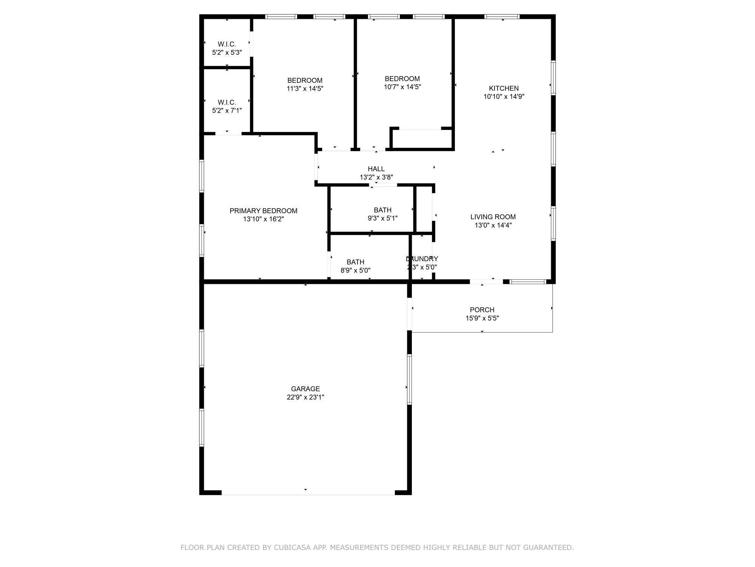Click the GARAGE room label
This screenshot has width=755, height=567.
pos(305,389)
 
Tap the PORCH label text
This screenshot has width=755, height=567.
pos(482,310)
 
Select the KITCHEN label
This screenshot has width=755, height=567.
pos(504,88)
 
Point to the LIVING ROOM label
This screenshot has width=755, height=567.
pos(493,217)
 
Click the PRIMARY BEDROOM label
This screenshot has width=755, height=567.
pos(263,211)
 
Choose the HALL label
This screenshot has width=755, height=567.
pos(376,169)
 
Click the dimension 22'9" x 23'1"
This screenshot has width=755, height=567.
pos(305,397)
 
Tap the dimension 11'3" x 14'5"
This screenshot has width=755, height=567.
pos(305,89)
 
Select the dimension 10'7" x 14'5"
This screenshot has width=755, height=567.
pos(402,87)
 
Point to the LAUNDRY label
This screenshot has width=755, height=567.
pos(422,259)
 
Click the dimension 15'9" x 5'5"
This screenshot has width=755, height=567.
pos(482,318)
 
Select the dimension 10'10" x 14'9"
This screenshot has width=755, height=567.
pos(504,96)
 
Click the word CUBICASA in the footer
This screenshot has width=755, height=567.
pos(293,547)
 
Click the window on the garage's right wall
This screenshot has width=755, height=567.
pos(409,379)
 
